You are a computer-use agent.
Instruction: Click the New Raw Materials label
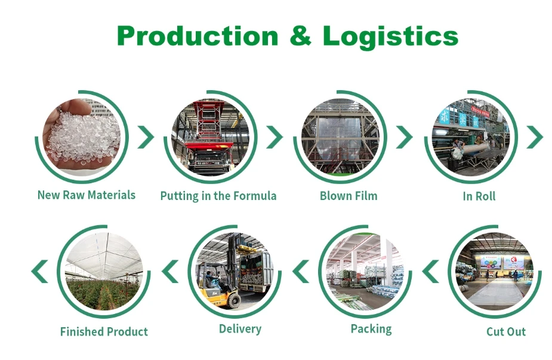pyautogui.click(x=87, y=195)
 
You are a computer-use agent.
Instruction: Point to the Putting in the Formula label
pyautogui.click(x=218, y=196)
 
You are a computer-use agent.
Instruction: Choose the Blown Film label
pyautogui.click(x=349, y=196)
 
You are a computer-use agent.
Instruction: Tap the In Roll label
pyautogui.click(x=479, y=196)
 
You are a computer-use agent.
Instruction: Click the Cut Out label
pyautogui.click(x=506, y=332)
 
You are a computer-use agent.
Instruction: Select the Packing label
pyautogui.click(x=371, y=329)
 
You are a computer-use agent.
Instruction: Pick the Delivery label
pyautogui.click(x=240, y=329)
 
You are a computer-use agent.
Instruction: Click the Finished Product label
pyautogui.click(x=104, y=332)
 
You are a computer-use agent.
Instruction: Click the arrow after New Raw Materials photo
pyautogui.click(x=146, y=137)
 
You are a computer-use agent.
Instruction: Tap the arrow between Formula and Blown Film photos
pyautogui.click(x=275, y=137)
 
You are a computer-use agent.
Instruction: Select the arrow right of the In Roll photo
pyautogui.click(x=535, y=137)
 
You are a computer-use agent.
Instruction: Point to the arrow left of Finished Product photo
pyautogui.click(x=40, y=272)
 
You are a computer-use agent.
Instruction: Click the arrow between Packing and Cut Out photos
pyautogui.click(x=430, y=272)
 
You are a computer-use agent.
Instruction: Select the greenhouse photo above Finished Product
pyautogui.click(x=104, y=272)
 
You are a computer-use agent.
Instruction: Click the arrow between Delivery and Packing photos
pyautogui.click(x=301, y=272)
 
